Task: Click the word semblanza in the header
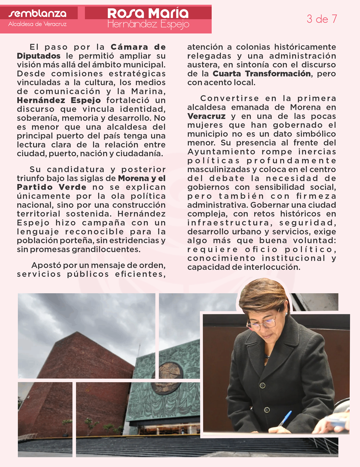pos(37,13)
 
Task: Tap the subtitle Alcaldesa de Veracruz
pos(37,24)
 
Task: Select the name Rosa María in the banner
pos(148,13)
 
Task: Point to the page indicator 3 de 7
pos(322,19)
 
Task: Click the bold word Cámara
pos(128,47)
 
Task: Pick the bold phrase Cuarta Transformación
pos(262,74)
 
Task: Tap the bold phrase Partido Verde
pos(51,187)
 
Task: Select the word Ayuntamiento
pos(221,152)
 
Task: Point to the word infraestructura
pos(229,223)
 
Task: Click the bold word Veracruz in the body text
pos(206,116)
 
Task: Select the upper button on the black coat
pos(262,385)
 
